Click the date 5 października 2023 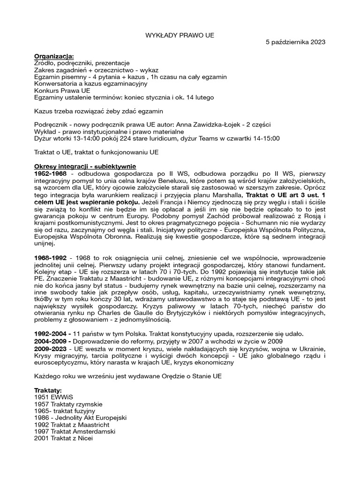pos(295,42)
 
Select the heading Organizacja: pos(54,56)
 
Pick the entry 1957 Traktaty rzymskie pos(68,404)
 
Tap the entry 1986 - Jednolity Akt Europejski pos(81,417)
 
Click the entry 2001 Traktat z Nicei pos(64,438)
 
